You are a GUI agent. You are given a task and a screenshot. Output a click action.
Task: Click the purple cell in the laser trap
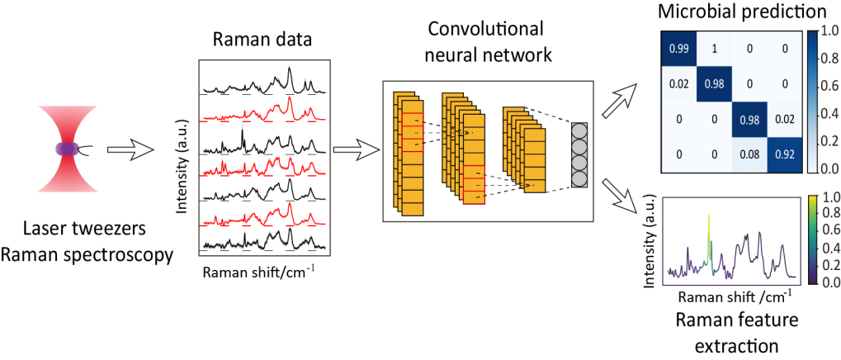[x=66, y=149]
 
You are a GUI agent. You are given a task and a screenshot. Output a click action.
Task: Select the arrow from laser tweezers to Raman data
[x=132, y=150]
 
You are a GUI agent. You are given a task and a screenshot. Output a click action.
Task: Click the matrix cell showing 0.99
[x=679, y=49]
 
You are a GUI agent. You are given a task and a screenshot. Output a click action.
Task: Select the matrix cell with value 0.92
[x=784, y=154]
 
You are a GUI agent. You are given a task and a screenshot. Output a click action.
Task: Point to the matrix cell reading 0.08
[x=749, y=154]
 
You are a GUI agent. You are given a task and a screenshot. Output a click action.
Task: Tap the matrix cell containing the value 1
[x=715, y=49]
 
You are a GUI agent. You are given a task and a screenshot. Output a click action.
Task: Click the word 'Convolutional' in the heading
[x=486, y=29]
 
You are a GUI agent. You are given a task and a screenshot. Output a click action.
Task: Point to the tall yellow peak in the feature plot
[x=708, y=227]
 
